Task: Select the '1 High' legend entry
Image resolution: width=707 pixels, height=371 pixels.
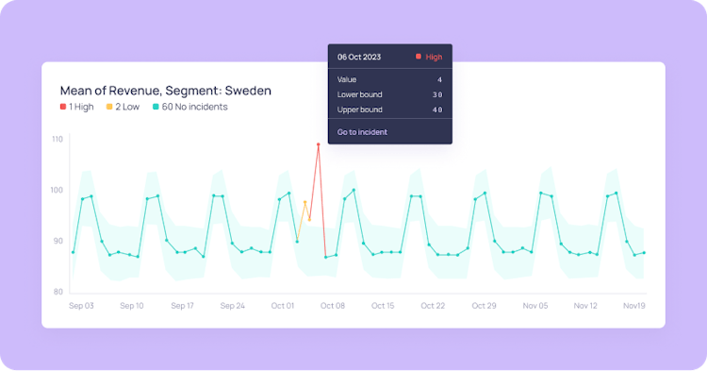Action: tap(76, 108)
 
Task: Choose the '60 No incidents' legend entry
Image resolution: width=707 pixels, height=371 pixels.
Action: tap(189, 108)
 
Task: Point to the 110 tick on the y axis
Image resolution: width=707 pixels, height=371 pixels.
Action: tap(58, 139)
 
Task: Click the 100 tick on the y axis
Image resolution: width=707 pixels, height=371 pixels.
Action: tap(58, 190)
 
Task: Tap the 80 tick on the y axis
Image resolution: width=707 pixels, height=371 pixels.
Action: tap(58, 291)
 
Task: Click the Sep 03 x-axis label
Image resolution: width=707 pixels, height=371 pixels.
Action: tap(81, 306)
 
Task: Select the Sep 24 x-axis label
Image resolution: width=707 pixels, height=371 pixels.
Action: tap(232, 306)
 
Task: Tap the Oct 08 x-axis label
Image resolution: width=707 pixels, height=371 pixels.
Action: tap(333, 306)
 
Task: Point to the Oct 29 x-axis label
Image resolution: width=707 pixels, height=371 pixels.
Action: tap(484, 306)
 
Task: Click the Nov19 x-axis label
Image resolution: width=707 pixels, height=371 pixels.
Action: tap(634, 306)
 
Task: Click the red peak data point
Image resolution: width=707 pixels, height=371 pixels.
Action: tap(319, 144)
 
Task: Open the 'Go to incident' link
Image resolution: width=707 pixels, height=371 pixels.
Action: tap(362, 132)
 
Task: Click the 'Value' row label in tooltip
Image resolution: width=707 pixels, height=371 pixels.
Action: tap(348, 80)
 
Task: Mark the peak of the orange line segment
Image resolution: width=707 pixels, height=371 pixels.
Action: tap(304, 202)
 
